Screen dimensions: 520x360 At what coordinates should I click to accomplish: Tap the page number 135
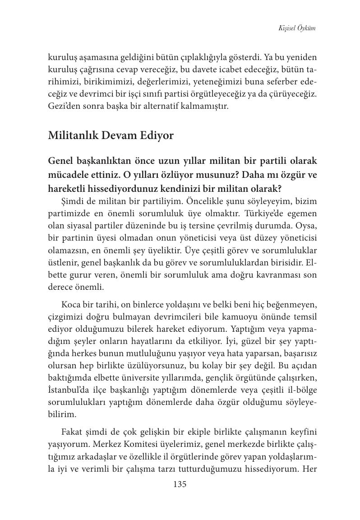tap(180, 484)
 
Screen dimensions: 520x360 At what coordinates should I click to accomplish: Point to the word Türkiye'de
tap(261, 213)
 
